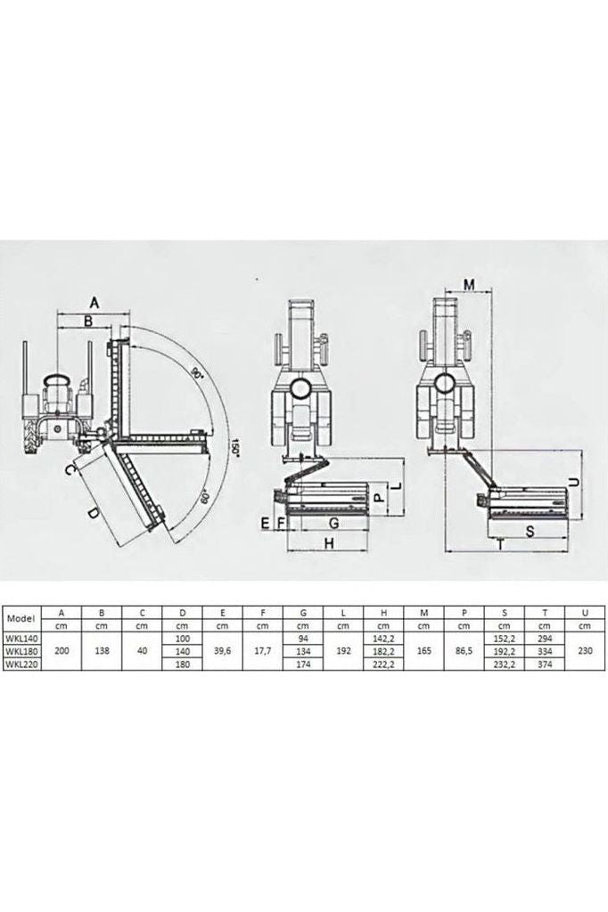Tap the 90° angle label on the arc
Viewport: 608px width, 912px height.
(x=197, y=373)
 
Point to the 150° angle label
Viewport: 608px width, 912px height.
(x=234, y=447)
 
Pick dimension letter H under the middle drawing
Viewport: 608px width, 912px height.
(x=329, y=543)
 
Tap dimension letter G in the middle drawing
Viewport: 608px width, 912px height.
(x=333, y=523)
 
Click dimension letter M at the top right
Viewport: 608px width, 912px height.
(x=470, y=284)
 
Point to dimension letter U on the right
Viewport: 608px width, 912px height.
(x=573, y=482)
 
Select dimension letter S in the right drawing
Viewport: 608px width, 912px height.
(x=530, y=531)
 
